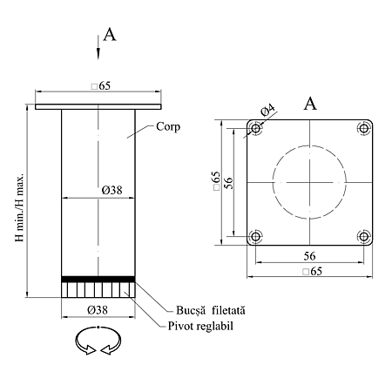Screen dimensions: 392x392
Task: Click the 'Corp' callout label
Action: coord(168,127)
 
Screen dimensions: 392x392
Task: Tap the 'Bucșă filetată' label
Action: coord(211,310)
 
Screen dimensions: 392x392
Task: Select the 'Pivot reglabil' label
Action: coord(200,326)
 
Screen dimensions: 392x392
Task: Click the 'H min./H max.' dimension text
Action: coord(19,207)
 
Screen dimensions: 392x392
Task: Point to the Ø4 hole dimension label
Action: coord(267,110)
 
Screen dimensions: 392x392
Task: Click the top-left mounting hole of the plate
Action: coord(255,128)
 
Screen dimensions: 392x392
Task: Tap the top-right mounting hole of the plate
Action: coord(364,128)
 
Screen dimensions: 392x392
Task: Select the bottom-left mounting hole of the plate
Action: coord(255,236)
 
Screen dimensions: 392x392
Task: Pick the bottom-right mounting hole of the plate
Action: coord(364,236)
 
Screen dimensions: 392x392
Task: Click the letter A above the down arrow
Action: coord(110,35)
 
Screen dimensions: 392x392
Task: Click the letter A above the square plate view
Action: coord(310,104)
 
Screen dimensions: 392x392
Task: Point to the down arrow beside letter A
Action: coord(98,48)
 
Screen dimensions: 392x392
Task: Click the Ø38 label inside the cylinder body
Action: coord(112,190)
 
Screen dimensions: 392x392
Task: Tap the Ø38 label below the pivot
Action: coord(98,310)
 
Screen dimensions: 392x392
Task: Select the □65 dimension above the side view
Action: coord(101,86)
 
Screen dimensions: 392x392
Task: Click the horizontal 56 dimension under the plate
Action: coord(309,256)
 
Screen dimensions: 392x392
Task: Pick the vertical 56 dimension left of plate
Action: coord(229,183)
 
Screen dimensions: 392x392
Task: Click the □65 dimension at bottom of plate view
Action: coord(312,271)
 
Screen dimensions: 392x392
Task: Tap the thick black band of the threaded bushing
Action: coord(98,279)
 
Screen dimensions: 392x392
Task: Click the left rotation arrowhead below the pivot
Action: coord(90,349)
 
